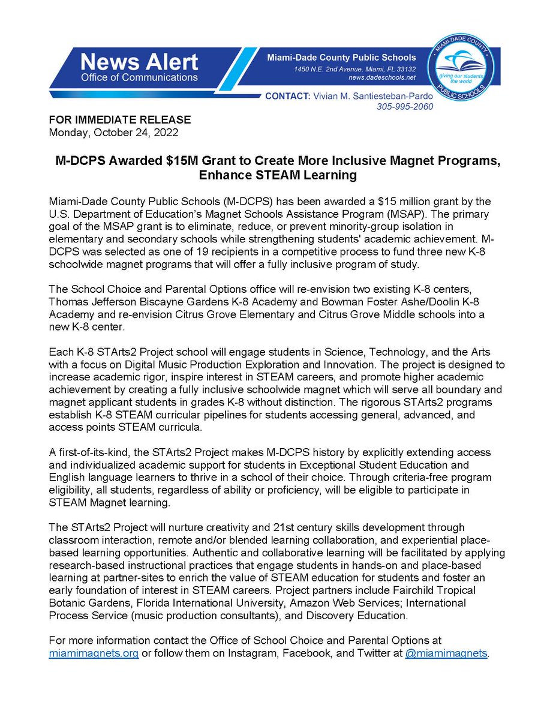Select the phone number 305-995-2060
405,107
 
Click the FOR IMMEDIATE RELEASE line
119,119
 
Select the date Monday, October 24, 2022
113,131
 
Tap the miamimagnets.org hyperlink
94,653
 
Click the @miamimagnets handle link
446,653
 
